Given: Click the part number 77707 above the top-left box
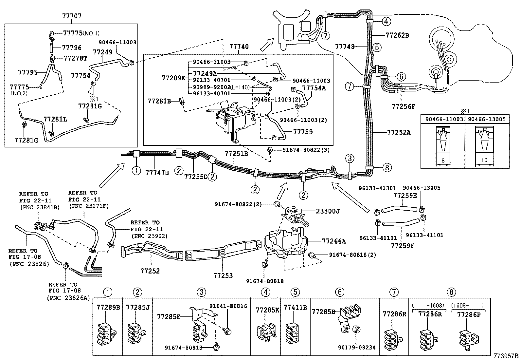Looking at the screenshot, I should coord(72,16).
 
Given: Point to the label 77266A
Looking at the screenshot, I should coord(334,241).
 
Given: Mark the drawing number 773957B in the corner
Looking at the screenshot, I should coord(506,356).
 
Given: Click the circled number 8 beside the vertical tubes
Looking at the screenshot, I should coord(386,168).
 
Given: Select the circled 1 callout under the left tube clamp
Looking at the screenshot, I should coord(136,170).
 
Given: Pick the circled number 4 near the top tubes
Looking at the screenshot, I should coord(386,22).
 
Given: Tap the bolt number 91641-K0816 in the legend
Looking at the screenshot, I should coord(228,306).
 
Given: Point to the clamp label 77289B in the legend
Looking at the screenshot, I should coord(108,307).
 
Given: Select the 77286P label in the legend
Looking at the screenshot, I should coord(468,315).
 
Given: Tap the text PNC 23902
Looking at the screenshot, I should coord(149,236).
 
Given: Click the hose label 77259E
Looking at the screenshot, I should coord(405,196).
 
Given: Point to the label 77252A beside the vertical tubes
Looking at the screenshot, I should coord(399,132).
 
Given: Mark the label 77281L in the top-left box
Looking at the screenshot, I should coord(55,120).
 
